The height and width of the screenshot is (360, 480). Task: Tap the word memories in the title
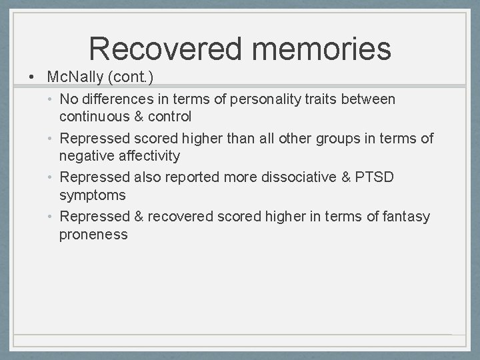322,49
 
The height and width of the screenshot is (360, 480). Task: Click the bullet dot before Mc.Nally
32,77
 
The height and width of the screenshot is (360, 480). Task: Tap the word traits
321,99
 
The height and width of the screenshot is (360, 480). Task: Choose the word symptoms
92,195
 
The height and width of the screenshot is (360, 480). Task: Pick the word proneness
93,234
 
